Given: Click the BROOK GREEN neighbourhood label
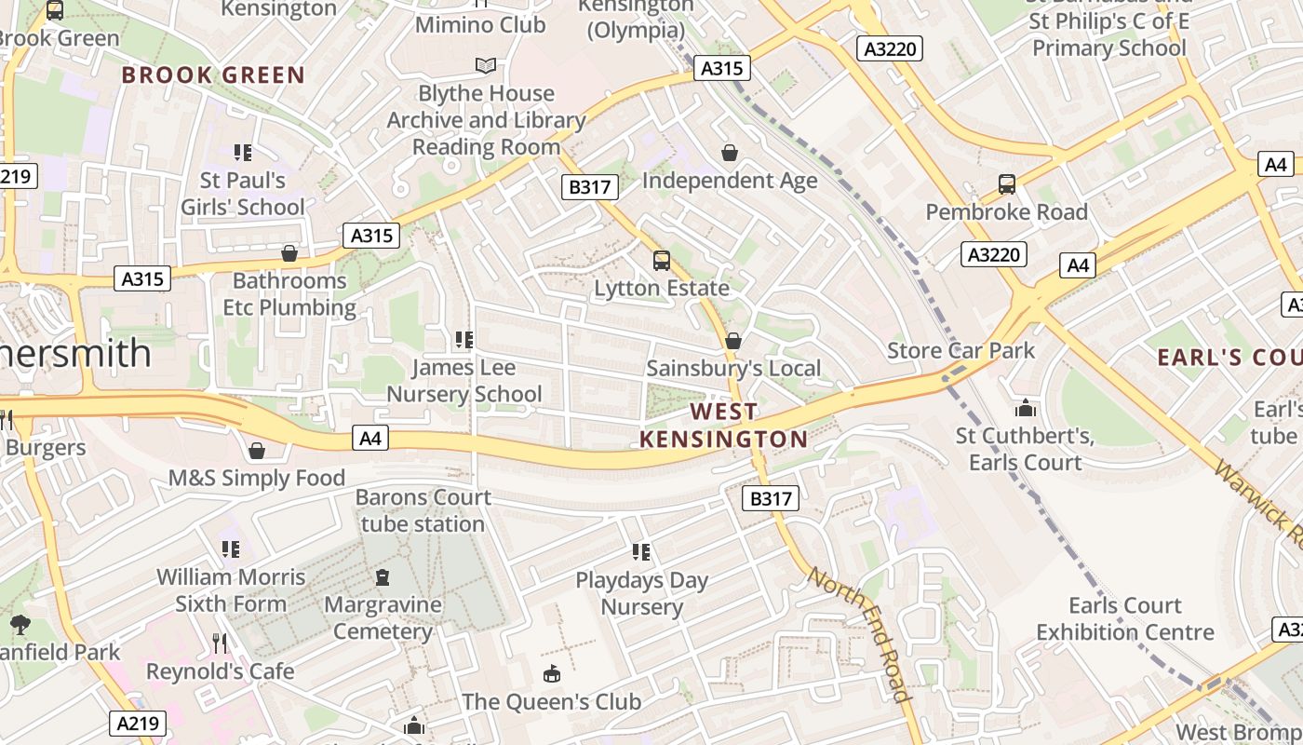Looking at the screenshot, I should pyautogui.click(x=213, y=75).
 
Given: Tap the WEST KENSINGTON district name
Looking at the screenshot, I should pyautogui.click(x=723, y=425).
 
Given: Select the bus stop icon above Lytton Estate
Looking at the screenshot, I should pyautogui.click(x=662, y=261).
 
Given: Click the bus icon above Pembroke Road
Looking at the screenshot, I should pyautogui.click(x=1006, y=183).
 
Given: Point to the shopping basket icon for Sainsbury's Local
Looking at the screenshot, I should pyautogui.click(x=733, y=341).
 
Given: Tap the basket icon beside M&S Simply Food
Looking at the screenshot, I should pyautogui.click(x=257, y=451).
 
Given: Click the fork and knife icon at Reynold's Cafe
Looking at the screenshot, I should pyautogui.click(x=220, y=643).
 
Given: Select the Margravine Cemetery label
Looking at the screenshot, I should pyautogui.click(x=383, y=617).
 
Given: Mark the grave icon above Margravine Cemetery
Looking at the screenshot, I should pyautogui.click(x=383, y=577).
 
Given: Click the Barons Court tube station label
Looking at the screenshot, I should pyautogui.click(x=423, y=510).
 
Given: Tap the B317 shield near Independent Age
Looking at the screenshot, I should pyautogui.click(x=590, y=187).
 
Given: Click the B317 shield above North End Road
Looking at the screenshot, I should pyautogui.click(x=771, y=499).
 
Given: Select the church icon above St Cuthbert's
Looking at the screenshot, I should pyautogui.click(x=1026, y=408).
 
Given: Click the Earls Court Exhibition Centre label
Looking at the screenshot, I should pyautogui.click(x=1125, y=618).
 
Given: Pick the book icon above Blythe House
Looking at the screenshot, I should pyautogui.click(x=486, y=65).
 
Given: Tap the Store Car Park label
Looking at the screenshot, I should pyautogui.click(x=960, y=350).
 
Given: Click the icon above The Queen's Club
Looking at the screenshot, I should pyautogui.click(x=552, y=672).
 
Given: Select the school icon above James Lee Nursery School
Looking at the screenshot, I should pyautogui.click(x=463, y=340).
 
